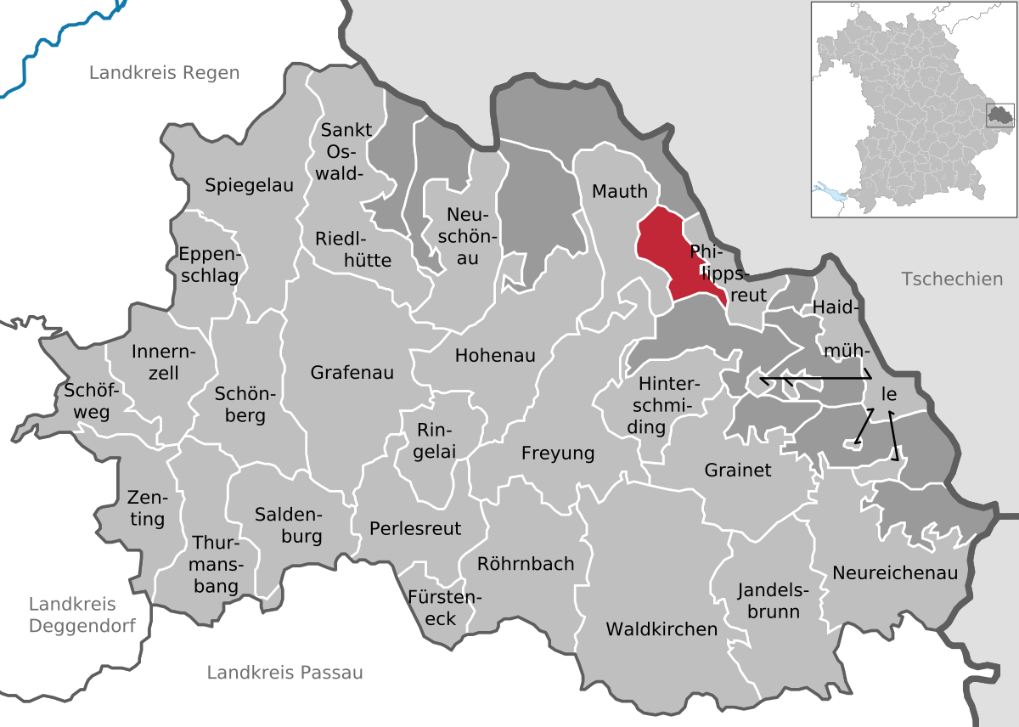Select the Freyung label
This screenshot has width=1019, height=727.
558,454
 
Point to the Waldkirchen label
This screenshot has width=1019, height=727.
662,629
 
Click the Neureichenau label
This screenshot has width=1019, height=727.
895,572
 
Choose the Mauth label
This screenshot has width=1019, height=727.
620,192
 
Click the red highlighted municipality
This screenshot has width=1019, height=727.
671,255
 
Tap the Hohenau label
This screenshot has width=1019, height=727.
495,355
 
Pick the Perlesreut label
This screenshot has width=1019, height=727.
415,528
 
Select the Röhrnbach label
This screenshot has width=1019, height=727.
526,563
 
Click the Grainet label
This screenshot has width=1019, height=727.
738,470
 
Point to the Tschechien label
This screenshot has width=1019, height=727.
952,279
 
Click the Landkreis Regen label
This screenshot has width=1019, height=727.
165,73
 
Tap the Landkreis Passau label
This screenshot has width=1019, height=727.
284,673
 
